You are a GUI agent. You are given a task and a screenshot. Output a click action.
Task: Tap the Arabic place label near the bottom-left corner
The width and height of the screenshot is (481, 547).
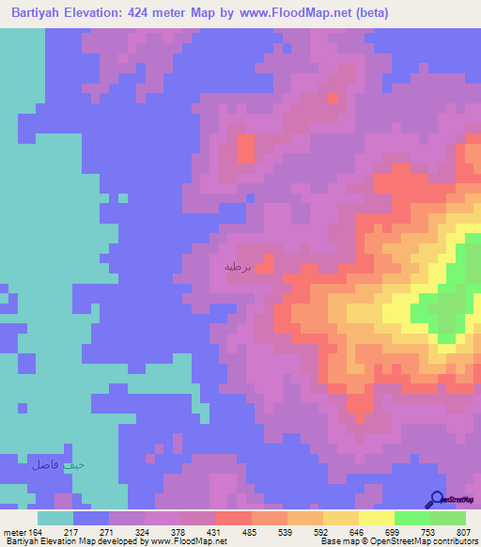(x=58, y=464)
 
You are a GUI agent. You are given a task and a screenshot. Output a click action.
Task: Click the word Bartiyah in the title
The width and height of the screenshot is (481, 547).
(x=41, y=12)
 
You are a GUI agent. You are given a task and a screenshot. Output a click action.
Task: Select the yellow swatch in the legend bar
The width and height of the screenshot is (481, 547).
(x=377, y=518)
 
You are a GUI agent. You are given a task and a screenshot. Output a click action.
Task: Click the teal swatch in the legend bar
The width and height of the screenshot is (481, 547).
(x=55, y=518)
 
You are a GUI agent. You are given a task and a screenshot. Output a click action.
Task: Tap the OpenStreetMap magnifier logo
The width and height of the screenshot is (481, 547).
(x=436, y=499)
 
